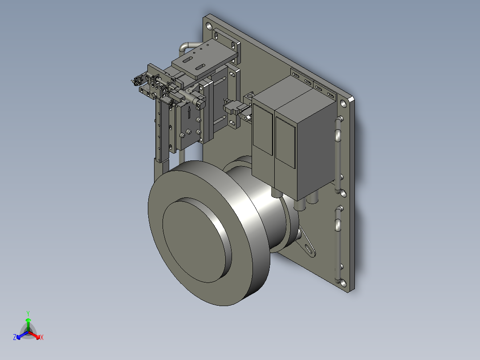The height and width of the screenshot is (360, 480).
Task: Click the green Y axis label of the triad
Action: (x=28, y=313)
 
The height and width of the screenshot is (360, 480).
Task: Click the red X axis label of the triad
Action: (x=41, y=338)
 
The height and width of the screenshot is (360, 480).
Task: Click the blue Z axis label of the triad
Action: (x=15, y=338)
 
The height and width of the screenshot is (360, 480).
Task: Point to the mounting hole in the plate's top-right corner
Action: (x=343, y=104)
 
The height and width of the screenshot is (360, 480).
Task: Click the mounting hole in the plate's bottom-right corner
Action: (x=343, y=282)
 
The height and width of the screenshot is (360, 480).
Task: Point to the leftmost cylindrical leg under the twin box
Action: (x=275, y=193)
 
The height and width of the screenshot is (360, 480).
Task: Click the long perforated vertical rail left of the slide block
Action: (x=159, y=129)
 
